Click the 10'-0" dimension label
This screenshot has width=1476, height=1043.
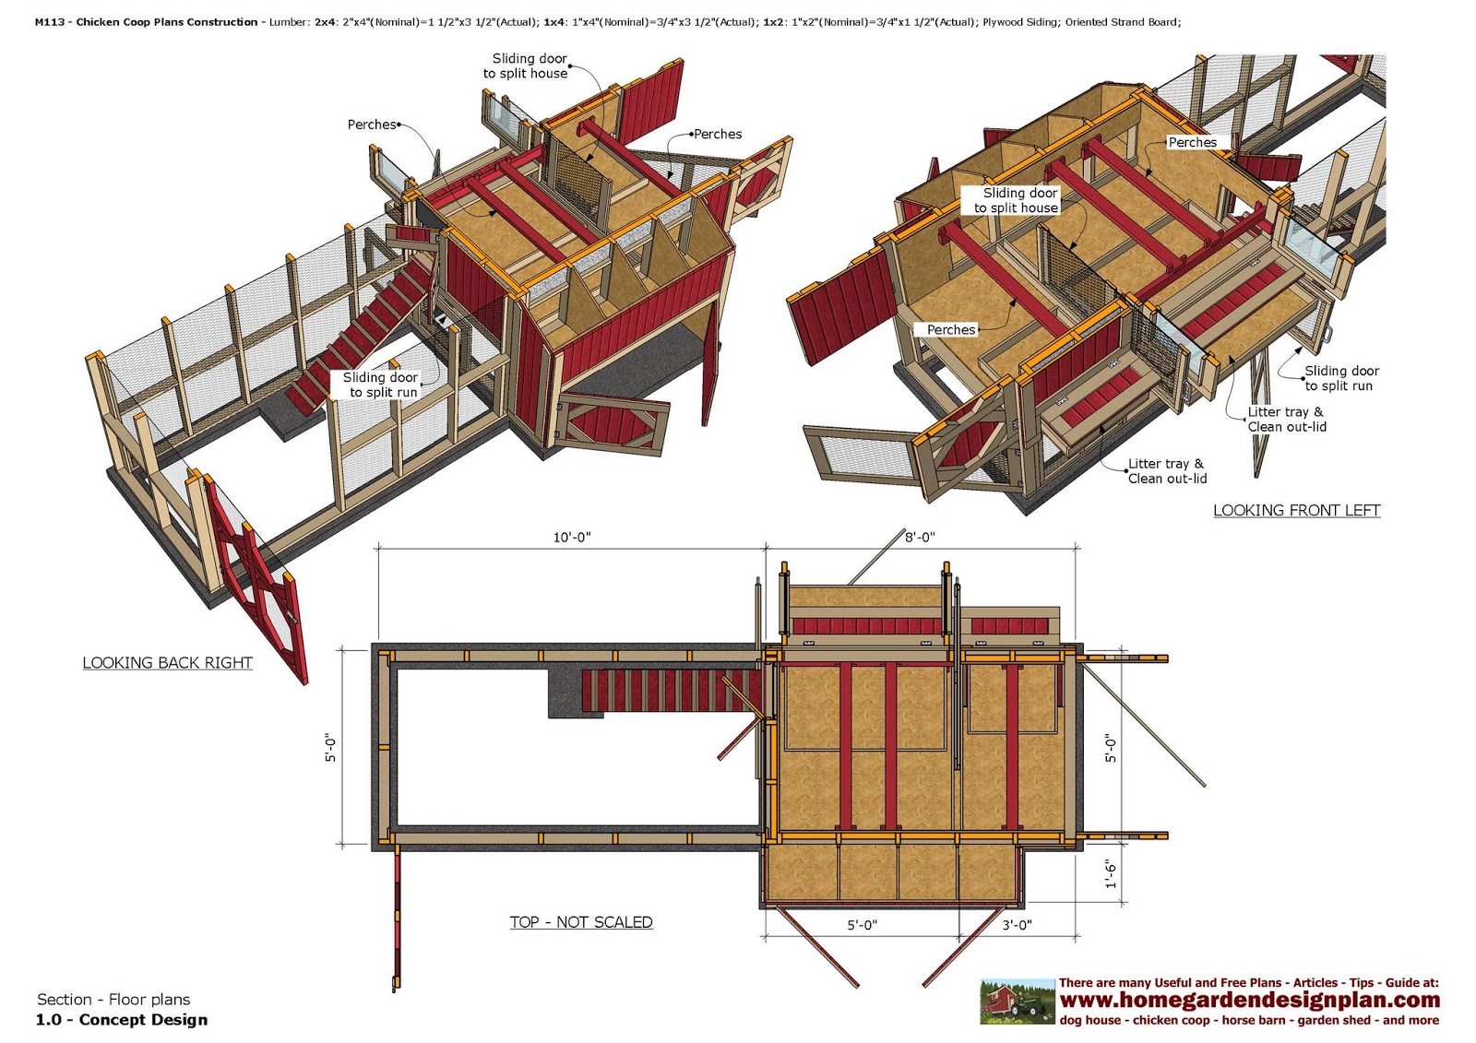pos(571,538)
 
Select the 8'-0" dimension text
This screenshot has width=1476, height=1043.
pos(919,538)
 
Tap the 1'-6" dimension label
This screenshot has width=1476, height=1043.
pos(1112,874)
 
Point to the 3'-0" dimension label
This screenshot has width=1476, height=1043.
pos(1016,925)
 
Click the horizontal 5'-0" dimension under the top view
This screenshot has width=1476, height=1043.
pos(862,925)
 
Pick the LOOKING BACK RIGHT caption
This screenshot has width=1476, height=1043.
pos(167,663)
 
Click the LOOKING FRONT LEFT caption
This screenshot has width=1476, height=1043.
pos(1296,511)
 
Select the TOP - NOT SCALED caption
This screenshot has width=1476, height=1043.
pos(581,922)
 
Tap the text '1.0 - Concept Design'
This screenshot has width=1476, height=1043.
pos(122,1020)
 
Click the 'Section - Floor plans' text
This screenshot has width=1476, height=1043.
pos(113,1000)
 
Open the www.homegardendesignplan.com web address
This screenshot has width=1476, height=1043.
pos(1249,1001)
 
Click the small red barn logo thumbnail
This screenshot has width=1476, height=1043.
pos(1017,1002)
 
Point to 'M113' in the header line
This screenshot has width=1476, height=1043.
pos(50,22)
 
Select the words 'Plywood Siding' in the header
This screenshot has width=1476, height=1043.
pos(1020,22)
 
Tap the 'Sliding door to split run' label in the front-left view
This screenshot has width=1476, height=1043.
pos(1340,378)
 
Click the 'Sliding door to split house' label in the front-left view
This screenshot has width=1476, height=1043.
pos(1017,200)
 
